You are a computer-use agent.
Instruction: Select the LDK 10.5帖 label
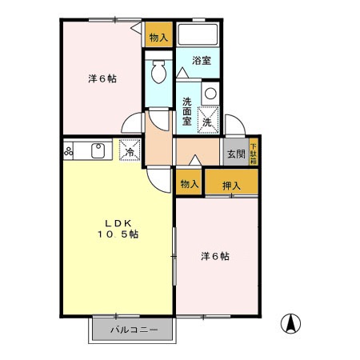click(x=118, y=228)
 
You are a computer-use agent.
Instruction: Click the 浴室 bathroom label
click(x=200, y=60)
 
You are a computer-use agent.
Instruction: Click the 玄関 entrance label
click(x=234, y=154)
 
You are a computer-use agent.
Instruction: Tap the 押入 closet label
click(x=231, y=184)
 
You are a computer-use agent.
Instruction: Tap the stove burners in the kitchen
click(x=69, y=150)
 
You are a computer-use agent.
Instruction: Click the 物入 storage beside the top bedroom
click(x=158, y=37)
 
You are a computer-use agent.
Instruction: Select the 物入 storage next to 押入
click(x=189, y=184)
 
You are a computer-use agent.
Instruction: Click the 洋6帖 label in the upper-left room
click(x=102, y=78)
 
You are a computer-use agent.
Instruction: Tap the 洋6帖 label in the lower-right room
click(x=216, y=256)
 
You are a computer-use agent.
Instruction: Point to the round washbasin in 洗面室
click(x=210, y=94)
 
